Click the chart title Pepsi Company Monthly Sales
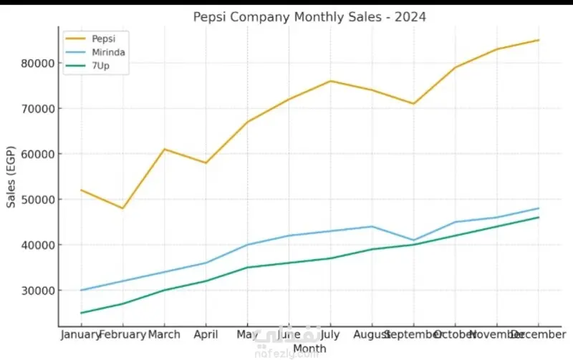[x=309, y=16]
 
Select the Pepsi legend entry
[x=100, y=38]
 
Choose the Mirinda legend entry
[x=104, y=52]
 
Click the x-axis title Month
[x=309, y=349]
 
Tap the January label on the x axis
[x=80, y=334]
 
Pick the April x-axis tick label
[x=206, y=334]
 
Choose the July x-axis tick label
[x=330, y=334]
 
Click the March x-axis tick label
[x=164, y=334]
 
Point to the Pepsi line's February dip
[x=122, y=208]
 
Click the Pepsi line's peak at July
[x=330, y=81]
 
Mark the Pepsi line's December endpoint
[x=539, y=40]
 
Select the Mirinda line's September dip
[x=413, y=240]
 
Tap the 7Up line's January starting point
[x=81, y=313]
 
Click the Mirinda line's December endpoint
[x=539, y=208]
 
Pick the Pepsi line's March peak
[x=164, y=149]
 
